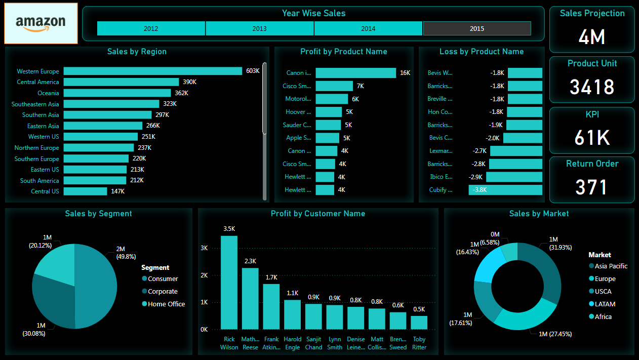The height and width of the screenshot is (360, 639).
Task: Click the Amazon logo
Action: [41, 23]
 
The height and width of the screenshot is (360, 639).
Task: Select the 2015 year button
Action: [476, 28]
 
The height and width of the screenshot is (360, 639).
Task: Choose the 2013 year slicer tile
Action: [259, 28]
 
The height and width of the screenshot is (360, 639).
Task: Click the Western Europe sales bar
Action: [152, 71]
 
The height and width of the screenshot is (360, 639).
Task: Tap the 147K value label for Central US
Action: [118, 191]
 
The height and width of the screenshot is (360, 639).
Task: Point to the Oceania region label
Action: [48, 93]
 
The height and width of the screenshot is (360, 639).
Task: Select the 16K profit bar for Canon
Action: [355, 73]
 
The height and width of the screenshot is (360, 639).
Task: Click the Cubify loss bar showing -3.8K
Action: [505, 190]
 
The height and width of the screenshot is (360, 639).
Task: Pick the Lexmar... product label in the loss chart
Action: [440, 151]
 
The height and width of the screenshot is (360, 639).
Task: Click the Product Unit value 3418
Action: [591, 87]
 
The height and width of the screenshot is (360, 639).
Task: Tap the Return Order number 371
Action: [591, 187]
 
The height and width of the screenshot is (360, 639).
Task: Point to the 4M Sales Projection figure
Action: [591, 37]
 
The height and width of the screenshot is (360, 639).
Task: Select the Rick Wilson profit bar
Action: [229, 283]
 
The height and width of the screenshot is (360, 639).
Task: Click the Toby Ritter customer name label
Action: [419, 343]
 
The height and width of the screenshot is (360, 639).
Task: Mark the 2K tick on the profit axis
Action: [204, 275]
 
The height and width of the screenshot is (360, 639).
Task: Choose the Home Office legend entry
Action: [166, 304]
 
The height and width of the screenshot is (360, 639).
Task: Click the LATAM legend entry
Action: [605, 304]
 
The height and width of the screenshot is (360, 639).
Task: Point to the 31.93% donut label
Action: [561, 248]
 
